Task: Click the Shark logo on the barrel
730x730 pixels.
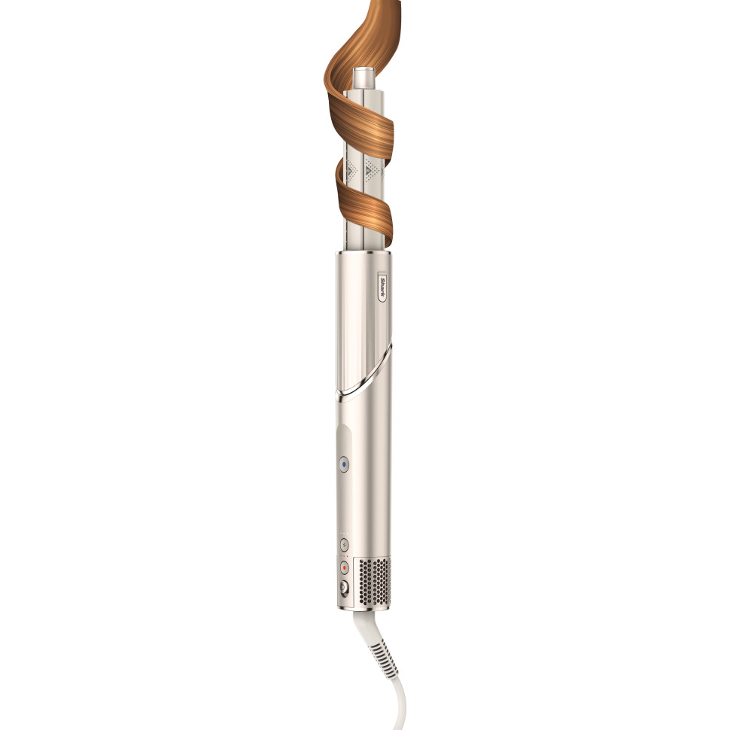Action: (382, 289)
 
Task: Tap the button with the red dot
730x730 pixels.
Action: (344, 567)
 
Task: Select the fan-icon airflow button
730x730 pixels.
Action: (344, 545)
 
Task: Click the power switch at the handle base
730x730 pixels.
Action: (345, 589)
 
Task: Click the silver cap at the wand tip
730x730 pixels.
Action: (365, 79)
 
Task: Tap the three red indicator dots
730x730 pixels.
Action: (343, 556)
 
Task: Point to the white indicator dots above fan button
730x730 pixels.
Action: (343, 534)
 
